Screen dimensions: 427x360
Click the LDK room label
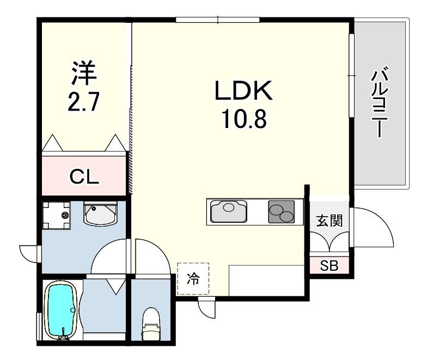244,90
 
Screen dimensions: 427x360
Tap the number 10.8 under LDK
244,119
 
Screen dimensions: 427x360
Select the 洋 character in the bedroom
84,73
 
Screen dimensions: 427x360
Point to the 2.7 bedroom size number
83,101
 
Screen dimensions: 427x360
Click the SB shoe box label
329,265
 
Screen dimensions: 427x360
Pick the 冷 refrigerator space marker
193,279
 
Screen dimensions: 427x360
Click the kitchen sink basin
229,211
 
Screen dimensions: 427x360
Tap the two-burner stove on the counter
281,211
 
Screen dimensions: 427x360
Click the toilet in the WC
150,324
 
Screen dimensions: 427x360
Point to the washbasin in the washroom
100,213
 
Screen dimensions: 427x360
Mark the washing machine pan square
57,215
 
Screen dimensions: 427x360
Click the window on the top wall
218,20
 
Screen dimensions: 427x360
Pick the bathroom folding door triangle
116,286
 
